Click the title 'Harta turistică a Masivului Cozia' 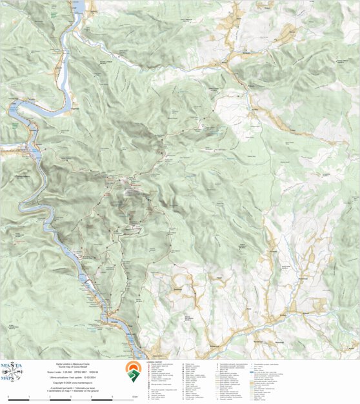point(72,364)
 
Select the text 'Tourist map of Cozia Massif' point(72,367)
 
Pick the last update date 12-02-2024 point(86,378)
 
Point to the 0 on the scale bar point(8,396)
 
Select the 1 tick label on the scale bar point(30,396)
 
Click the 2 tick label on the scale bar point(50,396)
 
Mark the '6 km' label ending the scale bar point(134,396)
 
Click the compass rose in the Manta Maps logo point(12,372)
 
